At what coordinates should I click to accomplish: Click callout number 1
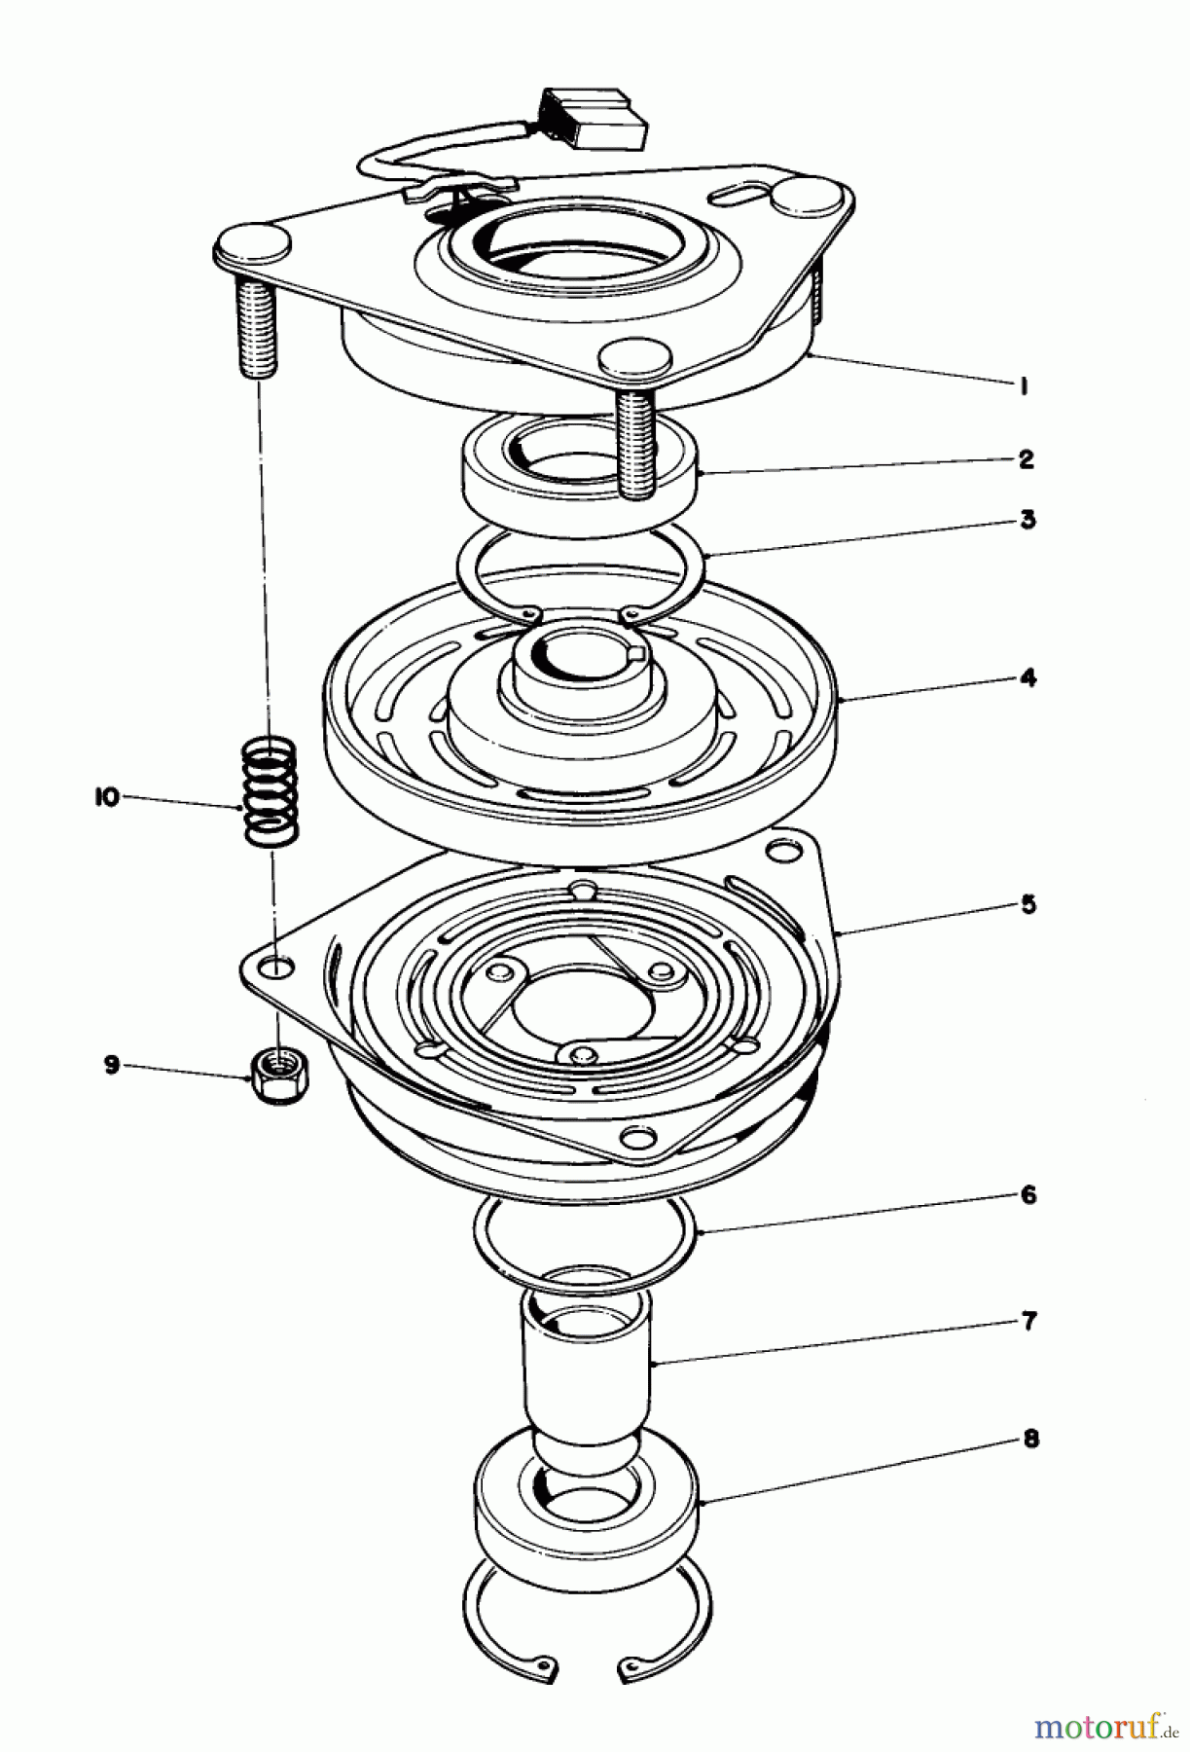1024,386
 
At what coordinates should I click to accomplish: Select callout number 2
1026,458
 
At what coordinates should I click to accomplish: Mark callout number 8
1029,1439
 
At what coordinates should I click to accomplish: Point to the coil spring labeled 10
270,790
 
